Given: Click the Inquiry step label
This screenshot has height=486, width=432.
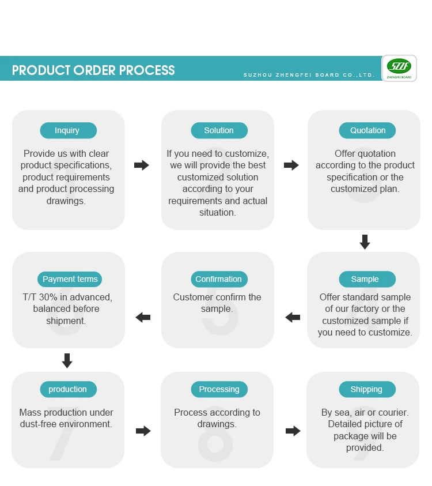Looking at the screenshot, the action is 67,130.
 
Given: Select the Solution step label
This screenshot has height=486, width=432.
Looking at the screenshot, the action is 219,130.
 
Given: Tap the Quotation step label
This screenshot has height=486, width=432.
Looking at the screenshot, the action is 367,130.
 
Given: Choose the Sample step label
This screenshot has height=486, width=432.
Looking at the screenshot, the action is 365,279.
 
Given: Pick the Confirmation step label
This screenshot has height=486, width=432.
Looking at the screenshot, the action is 218,279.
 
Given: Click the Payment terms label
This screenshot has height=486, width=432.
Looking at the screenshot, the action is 70,279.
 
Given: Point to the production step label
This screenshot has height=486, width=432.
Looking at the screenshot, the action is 67,389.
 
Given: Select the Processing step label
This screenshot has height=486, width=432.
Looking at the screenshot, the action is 219,389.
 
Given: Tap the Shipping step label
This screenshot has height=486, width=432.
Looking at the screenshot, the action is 366,389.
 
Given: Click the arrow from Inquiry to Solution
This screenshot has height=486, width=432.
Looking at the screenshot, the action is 142,165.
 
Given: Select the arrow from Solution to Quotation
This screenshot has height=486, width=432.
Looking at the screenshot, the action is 291,165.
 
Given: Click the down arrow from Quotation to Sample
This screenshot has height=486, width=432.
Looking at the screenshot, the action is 365,242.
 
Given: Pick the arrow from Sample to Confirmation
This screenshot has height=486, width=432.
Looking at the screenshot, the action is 293,317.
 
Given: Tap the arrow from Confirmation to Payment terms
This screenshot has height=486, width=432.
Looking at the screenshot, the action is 143,317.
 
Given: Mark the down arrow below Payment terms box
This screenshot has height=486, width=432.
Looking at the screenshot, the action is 67,361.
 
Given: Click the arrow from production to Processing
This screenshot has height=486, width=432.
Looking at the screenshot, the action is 143,431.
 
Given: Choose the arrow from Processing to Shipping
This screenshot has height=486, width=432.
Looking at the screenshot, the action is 293,431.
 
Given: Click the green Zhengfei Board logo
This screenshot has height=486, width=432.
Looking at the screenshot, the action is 399,69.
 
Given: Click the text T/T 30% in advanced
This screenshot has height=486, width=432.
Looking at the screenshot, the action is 67,297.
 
